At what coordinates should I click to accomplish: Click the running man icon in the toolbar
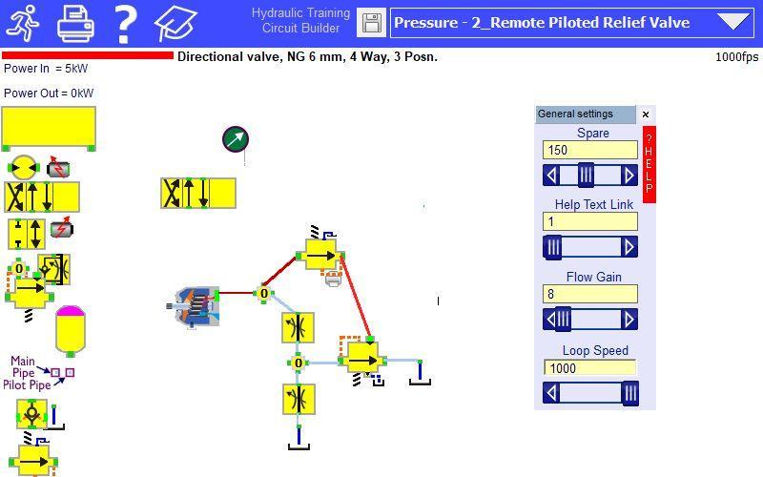(x=23, y=23)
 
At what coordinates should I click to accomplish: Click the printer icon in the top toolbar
(x=76, y=23)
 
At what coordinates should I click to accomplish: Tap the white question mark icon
(x=125, y=23)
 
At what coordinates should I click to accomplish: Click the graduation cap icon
(x=175, y=23)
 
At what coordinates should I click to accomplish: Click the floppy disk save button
(x=371, y=23)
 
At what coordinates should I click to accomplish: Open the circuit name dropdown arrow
(x=733, y=22)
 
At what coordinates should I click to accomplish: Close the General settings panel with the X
(x=646, y=114)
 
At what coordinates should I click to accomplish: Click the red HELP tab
(x=650, y=164)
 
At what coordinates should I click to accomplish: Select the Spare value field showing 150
(x=589, y=150)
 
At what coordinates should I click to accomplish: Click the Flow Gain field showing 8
(x=589, y=294)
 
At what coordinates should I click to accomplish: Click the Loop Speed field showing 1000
(x=589, y=368)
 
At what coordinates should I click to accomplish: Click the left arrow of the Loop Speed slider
(x=551, y=393)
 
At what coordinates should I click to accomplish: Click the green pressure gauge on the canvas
(x=236, y=139)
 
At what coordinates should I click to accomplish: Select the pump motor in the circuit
(x=194, y=306)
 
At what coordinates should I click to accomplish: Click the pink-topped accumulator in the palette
(x=71, y=330)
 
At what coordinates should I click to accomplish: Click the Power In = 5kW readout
(x=46, y=69)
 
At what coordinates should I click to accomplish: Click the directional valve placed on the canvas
(x=198, y=194)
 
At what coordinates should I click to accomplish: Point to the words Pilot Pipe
(x=27, y=385)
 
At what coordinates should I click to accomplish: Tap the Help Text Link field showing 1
(x=589, y=222)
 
